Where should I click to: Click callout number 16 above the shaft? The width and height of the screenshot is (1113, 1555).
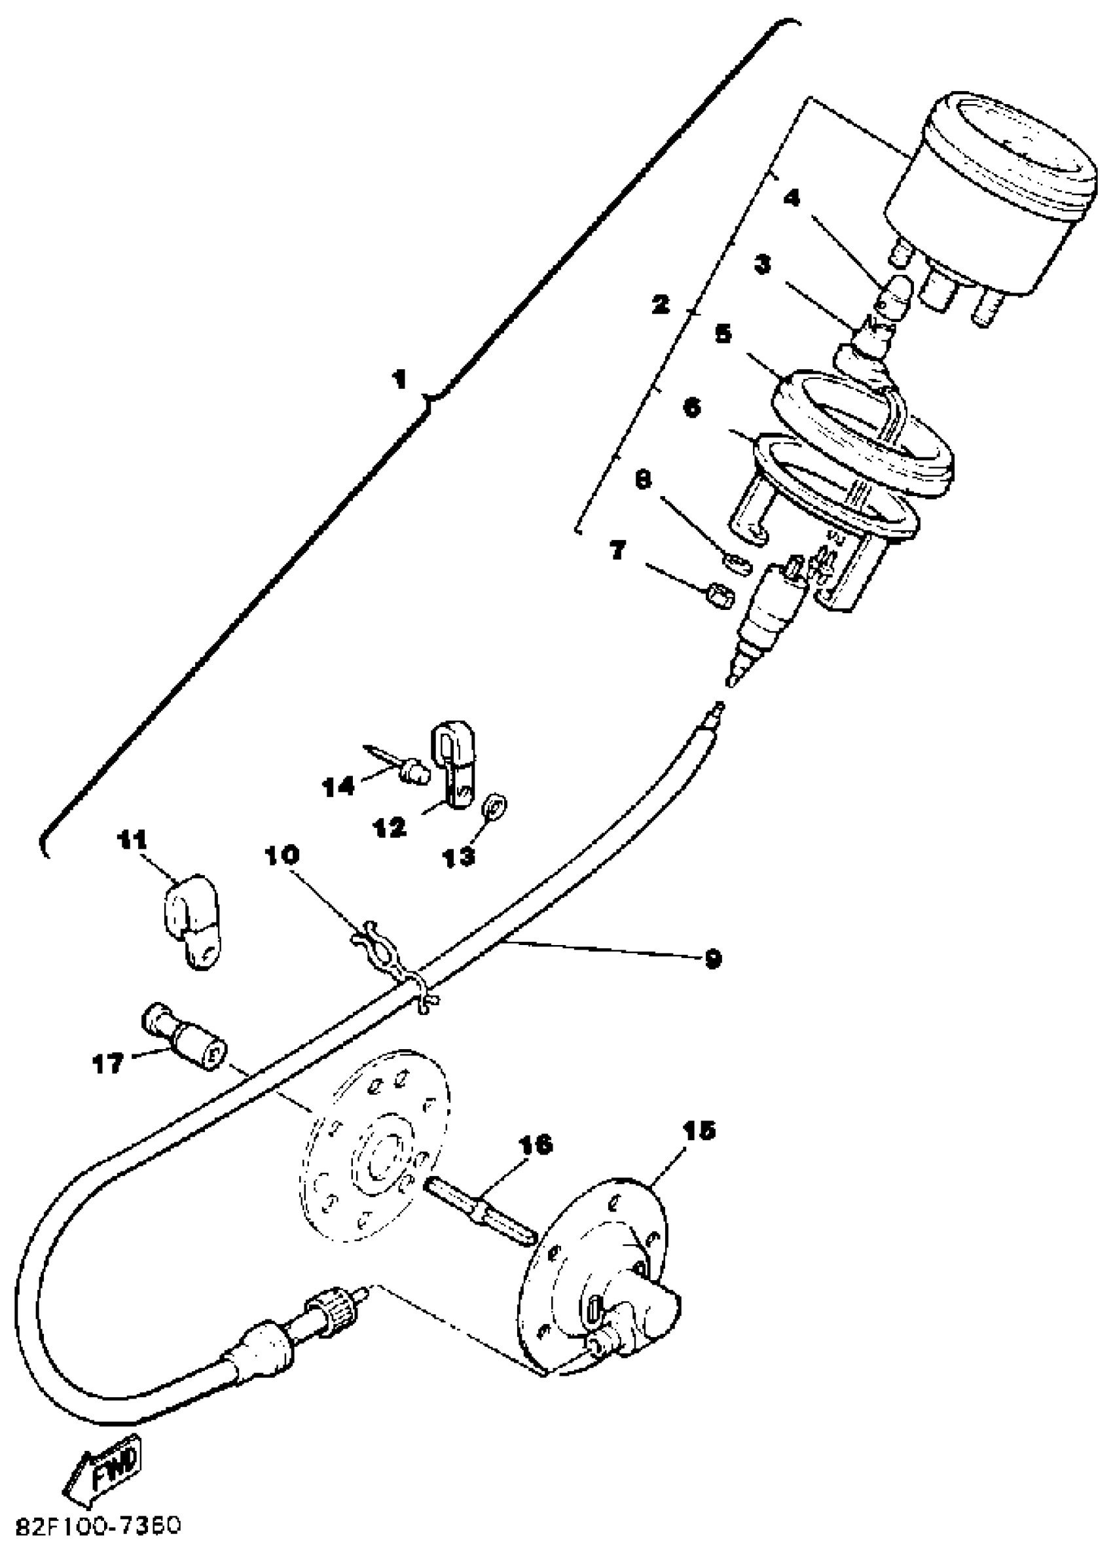pyautogui.click(x=536, y=1145)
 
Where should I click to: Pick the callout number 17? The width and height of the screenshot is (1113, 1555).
pyautogui.click(x=107, y=1064)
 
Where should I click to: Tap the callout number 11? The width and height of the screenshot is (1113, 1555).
pyautogui.click(x=134, y=840)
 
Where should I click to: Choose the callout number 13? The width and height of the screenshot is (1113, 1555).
pyautogui.click(x=458, y=856)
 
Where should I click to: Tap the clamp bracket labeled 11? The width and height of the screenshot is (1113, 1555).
pyautogui.click(x=191, y=920)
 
